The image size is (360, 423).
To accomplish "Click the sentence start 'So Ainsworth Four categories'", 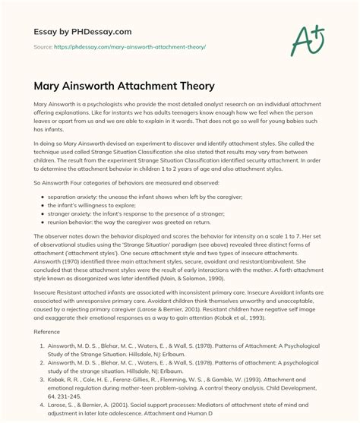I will tap(72, 184).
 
